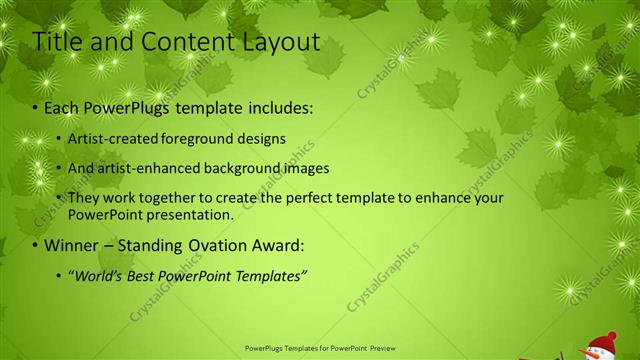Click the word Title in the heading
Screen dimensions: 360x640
pos(57,42)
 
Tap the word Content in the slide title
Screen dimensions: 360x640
pos(185,42)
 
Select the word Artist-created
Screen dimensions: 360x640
pos(114,139)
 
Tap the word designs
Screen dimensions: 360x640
pos(263,139)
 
